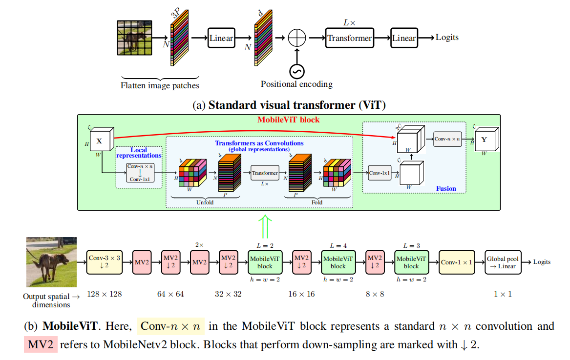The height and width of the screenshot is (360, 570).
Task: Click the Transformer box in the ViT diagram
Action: tap(349, 38)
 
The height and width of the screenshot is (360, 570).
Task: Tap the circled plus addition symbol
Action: tap(296, 38)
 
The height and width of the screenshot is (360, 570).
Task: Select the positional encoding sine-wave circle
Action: tap(296, 71)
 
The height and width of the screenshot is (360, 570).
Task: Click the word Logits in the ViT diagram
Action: tap(447, 38)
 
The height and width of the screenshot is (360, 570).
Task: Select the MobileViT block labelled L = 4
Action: tap(338, 262)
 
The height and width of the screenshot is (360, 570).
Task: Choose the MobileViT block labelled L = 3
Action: tap(411, 262)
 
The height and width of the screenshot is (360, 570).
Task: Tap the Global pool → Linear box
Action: tap(503, 262)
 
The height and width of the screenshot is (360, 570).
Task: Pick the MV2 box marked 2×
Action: tap(199, 262)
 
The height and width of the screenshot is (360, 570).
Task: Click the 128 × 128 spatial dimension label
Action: tap(104, 294)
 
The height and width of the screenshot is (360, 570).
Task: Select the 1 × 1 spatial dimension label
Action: tap(503, 294)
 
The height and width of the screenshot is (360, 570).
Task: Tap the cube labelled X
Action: tap(100, 142)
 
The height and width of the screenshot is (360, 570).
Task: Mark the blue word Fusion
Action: tap(445, 188)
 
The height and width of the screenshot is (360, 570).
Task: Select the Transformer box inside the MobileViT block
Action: tap(265, 173)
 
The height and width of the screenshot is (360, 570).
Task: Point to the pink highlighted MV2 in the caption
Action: tap(41, 345)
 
